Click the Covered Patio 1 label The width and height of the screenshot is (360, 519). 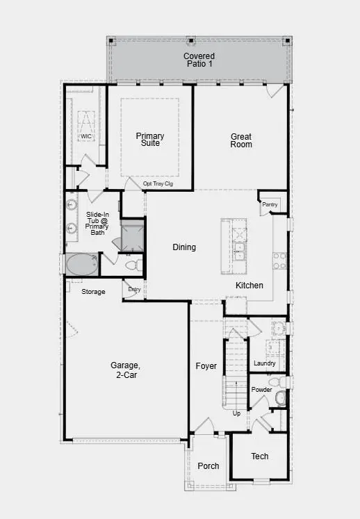[x=199, y=60]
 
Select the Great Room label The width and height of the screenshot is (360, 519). [x=241, y=140]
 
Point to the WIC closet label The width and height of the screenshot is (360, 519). [x=85, y=137]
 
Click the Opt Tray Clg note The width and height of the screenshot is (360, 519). [x=157, y=184]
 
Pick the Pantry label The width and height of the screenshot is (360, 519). [x=270, y=205]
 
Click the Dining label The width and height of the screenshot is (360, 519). [x=184, y=247]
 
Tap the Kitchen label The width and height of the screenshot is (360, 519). [x=249, y=286]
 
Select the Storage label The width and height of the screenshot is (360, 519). [x=93, y=292]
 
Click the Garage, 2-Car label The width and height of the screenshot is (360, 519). [x=125, y=370]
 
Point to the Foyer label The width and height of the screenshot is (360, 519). [x=206, y=366]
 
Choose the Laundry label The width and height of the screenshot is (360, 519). [x=265, y=363]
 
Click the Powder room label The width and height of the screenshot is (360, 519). [x=261, y=390]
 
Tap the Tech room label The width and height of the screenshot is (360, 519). [x=259, y=456]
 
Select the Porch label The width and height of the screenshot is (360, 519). [x=208, y=466]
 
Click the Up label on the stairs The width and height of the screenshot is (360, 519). [x=236, y=413]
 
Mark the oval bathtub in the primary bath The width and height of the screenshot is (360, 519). [x=82, y=265]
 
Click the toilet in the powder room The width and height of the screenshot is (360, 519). [x=280, y=398]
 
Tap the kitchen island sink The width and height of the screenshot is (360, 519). [x=239, y=250]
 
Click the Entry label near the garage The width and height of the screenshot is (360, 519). [x=134, y=290]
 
